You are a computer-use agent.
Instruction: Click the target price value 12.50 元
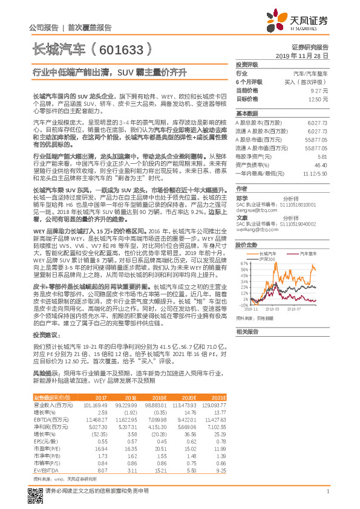[x=318, y=99]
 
